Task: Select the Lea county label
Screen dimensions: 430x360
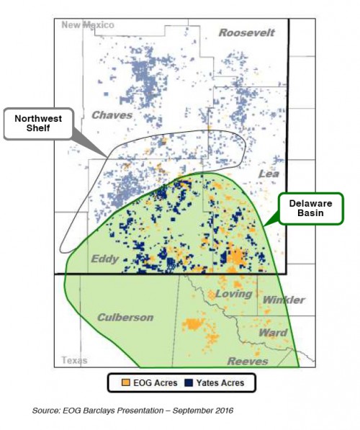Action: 268,174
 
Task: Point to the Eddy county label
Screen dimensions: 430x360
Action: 104,259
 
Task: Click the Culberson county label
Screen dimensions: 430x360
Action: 126,317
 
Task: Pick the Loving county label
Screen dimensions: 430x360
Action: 233,294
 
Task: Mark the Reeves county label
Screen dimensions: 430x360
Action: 248,361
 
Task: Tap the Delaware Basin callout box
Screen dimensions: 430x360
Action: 306,208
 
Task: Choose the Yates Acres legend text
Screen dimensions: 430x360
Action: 217,383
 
